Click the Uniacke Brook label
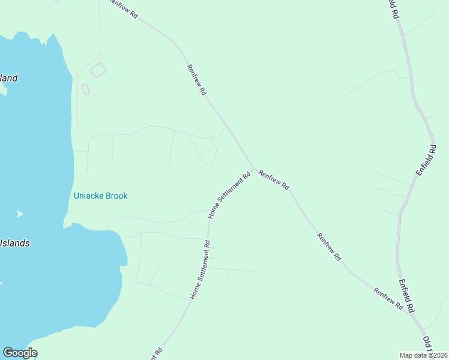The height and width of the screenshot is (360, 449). [100, 196]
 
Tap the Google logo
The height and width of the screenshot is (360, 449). [20, 353]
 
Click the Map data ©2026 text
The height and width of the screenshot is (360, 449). [424, 355]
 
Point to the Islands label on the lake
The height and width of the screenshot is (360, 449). [14, 244]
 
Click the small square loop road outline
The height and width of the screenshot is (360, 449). [98, 70]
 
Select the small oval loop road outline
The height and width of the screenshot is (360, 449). [85, 89]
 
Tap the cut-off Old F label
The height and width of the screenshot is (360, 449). [429, 345]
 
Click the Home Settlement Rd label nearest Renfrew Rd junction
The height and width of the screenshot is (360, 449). [229, 195]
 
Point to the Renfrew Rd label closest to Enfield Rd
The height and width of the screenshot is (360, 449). [388, 298]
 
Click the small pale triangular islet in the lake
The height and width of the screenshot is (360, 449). [20, 214]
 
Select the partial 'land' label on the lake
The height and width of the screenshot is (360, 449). [9, 78]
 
